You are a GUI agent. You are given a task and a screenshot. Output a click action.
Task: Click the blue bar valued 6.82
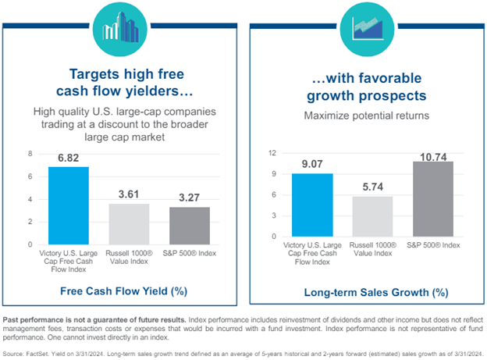[69, 205]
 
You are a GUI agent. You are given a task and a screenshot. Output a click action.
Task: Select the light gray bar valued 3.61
[128, 224]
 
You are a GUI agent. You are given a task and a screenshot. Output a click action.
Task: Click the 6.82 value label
[69, 159]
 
